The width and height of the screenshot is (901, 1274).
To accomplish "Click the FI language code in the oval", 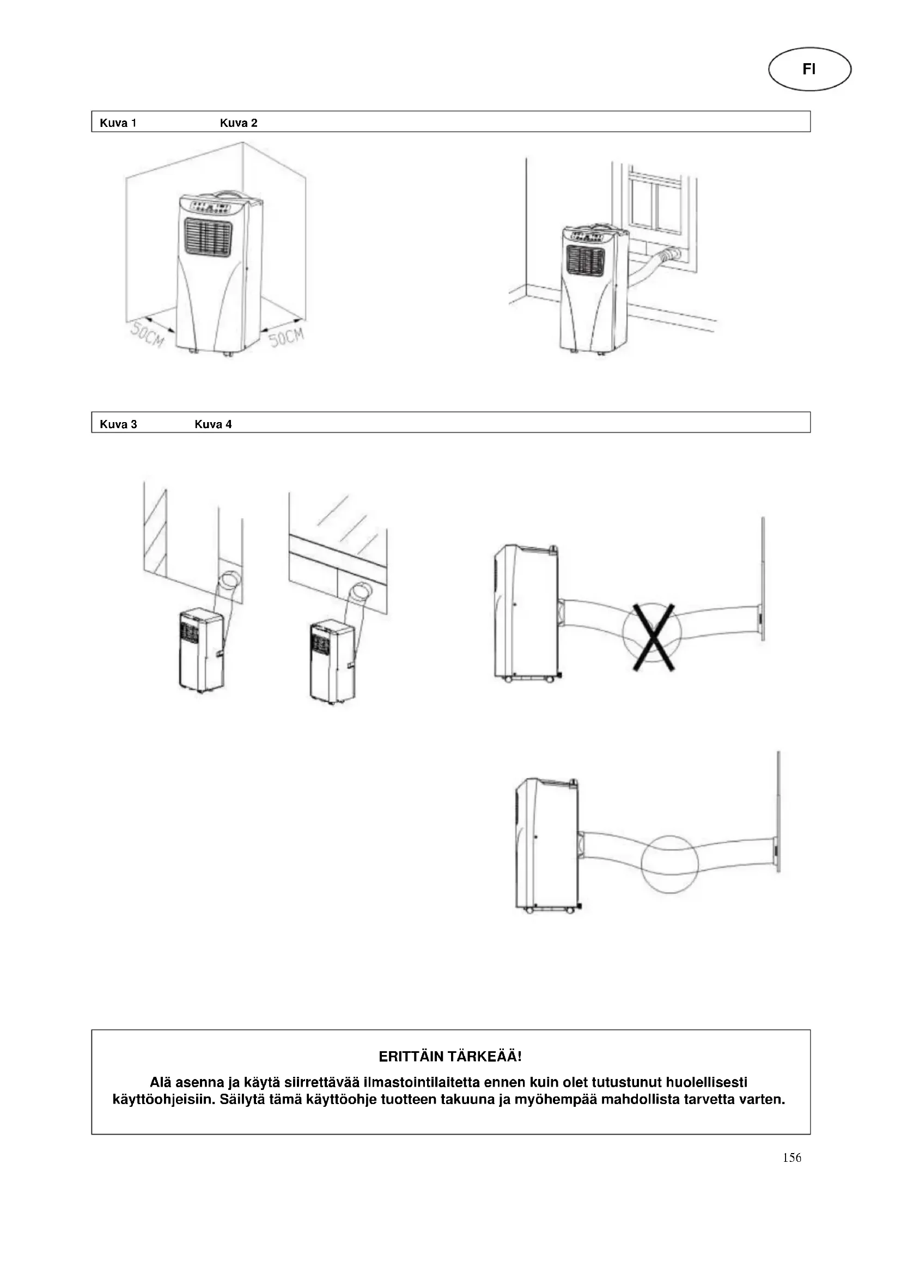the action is [809, 69].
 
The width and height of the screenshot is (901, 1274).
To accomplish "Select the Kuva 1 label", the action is [118, 123].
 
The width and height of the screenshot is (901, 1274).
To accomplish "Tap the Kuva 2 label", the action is [239, 123].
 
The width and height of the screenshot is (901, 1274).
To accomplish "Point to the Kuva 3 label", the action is [118, 424].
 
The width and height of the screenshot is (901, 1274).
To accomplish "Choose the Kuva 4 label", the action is [213, 424].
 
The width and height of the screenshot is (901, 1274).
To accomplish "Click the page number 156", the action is [792, 1157].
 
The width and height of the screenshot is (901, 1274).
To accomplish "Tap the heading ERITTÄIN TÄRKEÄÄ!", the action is [450, 1057].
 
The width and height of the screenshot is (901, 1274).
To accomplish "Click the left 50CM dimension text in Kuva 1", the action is [147, 335].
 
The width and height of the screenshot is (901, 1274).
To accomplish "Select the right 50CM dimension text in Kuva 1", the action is [287, 337].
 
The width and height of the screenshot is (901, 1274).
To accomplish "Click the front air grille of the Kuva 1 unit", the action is [208, 237].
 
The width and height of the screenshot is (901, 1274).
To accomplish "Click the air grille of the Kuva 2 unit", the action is [585, 261].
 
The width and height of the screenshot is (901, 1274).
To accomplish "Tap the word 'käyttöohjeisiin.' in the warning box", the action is [163, 1100].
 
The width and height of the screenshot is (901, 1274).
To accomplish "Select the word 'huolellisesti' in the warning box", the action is [707, 1083].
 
